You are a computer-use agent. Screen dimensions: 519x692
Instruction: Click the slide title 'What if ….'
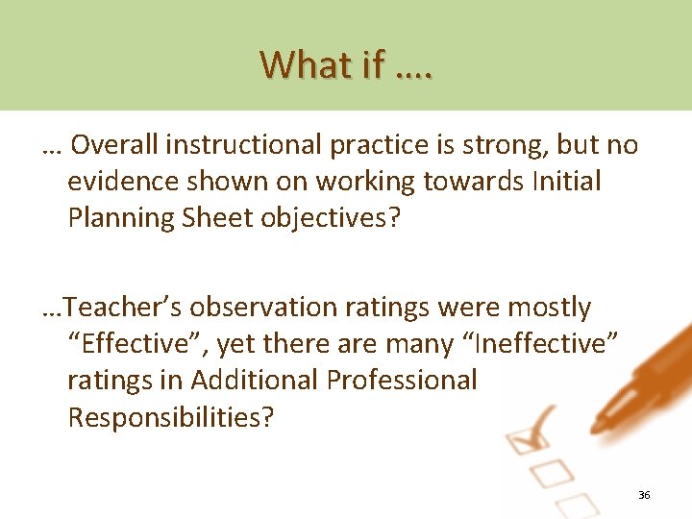[346, 64]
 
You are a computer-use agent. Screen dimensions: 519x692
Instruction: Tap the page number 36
[644, 495]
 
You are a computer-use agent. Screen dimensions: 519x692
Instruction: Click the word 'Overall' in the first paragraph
[114, 144]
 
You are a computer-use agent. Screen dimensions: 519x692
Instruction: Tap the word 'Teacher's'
[128, 308]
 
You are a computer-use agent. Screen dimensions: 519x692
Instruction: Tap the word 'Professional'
[402, 381]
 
